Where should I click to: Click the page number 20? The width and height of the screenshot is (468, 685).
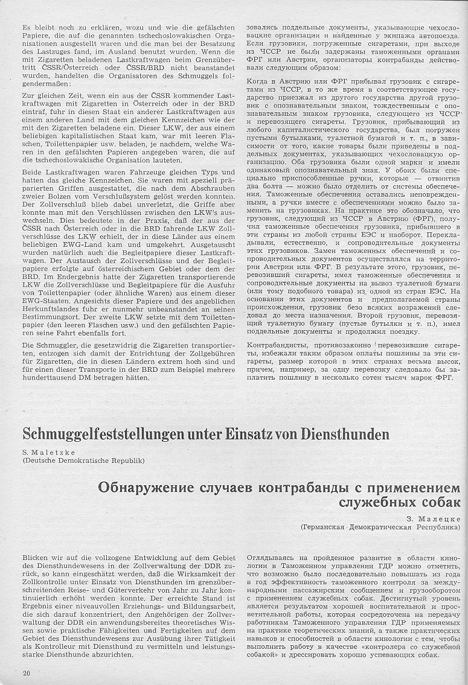[x=26, y=672]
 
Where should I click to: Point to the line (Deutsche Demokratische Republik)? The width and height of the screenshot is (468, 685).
[x=83, y=460]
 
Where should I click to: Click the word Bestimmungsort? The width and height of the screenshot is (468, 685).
[x=50, y=315]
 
